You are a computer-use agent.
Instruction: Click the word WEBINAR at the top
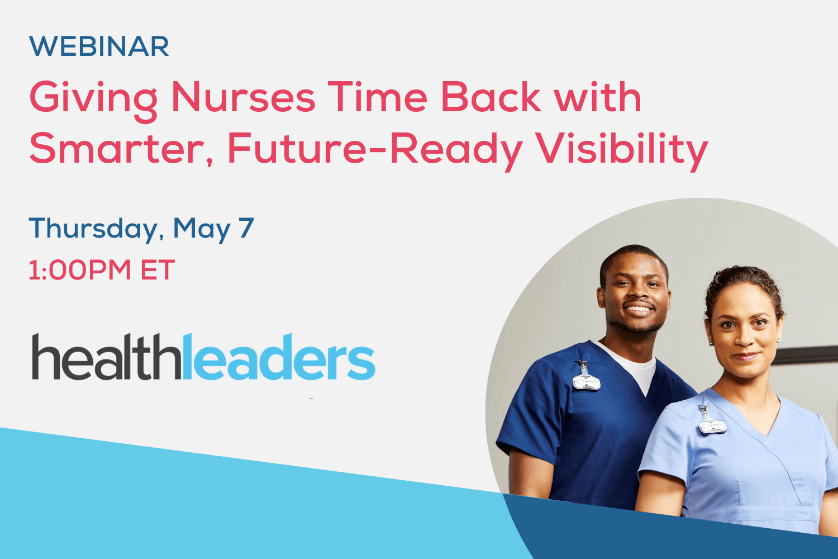tap(99, 46)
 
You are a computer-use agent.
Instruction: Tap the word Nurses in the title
tap(243, 98)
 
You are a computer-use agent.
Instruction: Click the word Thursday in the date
tap(93, 229)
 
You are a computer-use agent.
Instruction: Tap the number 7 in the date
tap(246, 228)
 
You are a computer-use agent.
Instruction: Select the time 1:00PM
tap(79, 270)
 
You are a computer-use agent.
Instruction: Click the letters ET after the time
tap(158, 270)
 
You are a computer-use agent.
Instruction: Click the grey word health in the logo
tap(107, 358)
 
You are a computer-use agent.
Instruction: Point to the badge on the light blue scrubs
tap(712, 425)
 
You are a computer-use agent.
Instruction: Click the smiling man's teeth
tap(638, 308)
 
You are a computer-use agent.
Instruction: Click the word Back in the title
tap(491, 98)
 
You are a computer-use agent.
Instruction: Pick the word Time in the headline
tap(378, 98)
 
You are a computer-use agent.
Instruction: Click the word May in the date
tap(202, 229)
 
